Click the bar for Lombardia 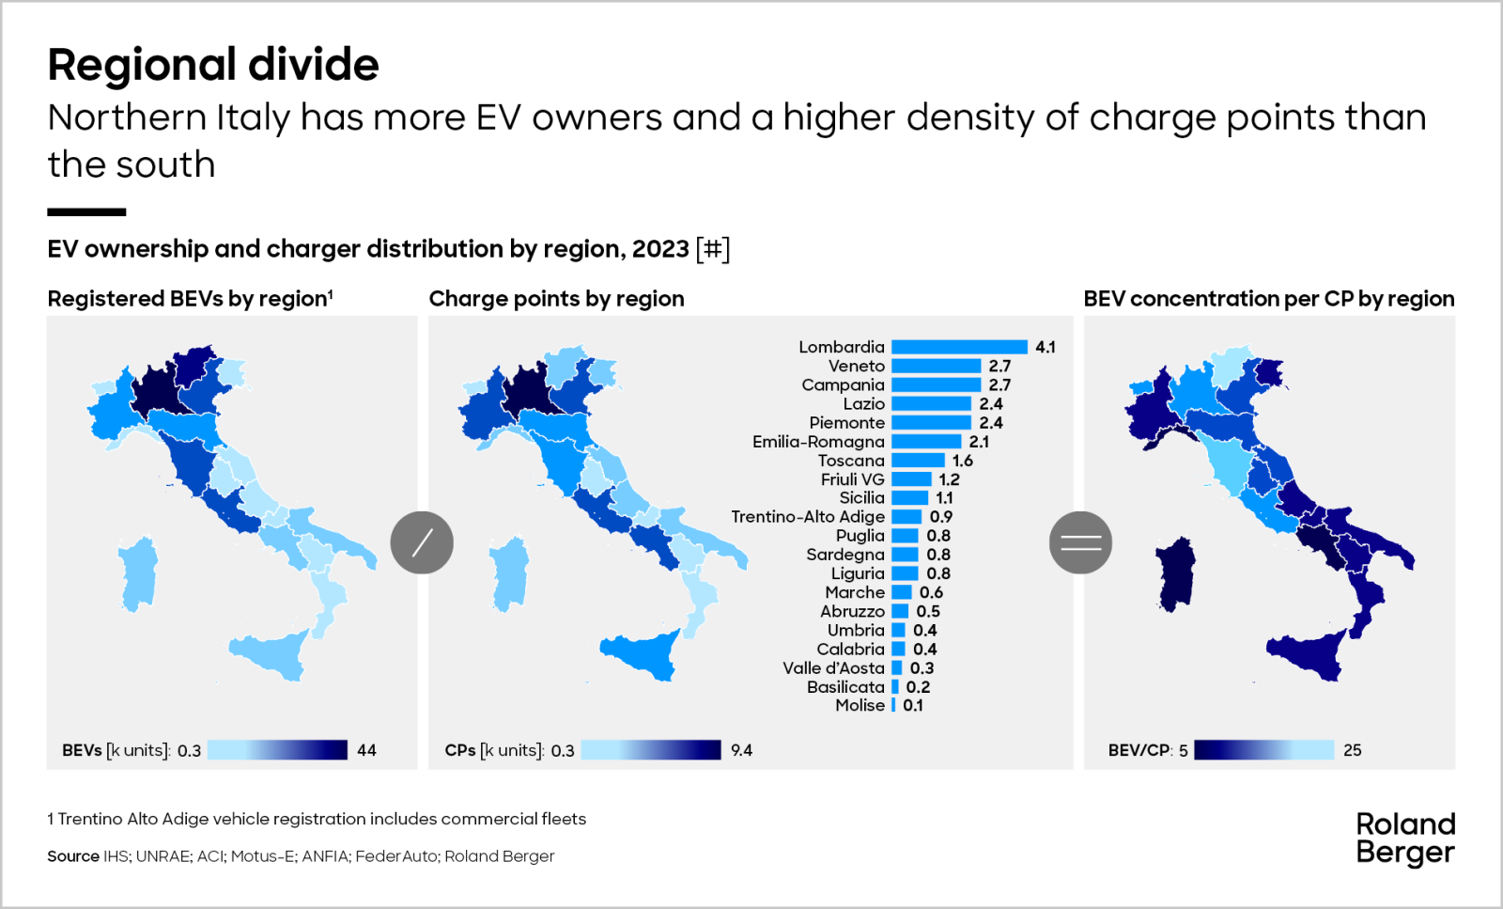click(x=959, y=347)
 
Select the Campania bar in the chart click(x=936, y=384)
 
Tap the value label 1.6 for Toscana click(x=963, y=461)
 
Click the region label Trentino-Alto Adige click(x=808, y=517)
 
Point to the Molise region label click(x=860, y=705)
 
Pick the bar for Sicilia click(x=909, y=498)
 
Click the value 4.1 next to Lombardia click(x=1046, y=347)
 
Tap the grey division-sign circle click(x=422, y=542)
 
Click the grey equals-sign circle click(x=1080, y=542)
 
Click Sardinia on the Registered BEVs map click(x=139, y=573)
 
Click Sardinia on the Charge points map click(x=510, y=573)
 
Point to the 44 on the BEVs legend click(x=366, y=750)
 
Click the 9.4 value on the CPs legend click(x=741, y=750)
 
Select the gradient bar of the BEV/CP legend click(x=1263, y=750)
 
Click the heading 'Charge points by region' click(x=556, y=299)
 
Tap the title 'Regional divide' click(x=213, y=65)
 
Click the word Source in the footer click(x=72, y=856)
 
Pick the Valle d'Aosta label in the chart click(x=833, y=667)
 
